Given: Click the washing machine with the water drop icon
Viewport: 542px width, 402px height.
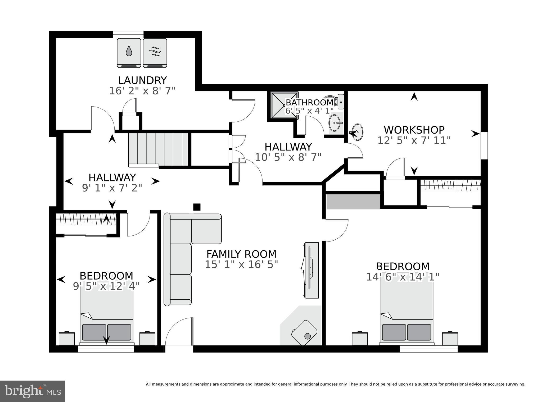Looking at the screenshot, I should tap(129, 53).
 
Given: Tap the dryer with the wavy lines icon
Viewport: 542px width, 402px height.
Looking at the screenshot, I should tap(155, 53).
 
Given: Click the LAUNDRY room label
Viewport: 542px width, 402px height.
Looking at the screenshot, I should tap(142, 80).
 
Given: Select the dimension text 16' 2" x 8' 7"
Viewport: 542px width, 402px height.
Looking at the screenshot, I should tap(142, 91).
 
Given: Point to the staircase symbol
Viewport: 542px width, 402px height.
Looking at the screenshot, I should tap(158, 149).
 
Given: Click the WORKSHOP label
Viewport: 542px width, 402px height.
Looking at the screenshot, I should tap(414, 130).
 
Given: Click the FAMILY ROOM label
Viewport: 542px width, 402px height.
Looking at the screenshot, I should tap(241, 254).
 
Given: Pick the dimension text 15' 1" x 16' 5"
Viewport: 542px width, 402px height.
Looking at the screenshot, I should tap(241, 264).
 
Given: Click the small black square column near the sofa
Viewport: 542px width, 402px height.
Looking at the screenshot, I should tap(197, 207).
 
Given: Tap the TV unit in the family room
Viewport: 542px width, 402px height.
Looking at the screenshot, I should tap(311, 270).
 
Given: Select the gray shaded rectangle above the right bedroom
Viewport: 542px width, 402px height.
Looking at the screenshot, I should tap(353, 202).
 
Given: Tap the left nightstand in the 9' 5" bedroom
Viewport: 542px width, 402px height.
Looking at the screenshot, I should tap(66, 339).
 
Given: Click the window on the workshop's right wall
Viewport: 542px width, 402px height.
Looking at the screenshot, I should tap(484, 145).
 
